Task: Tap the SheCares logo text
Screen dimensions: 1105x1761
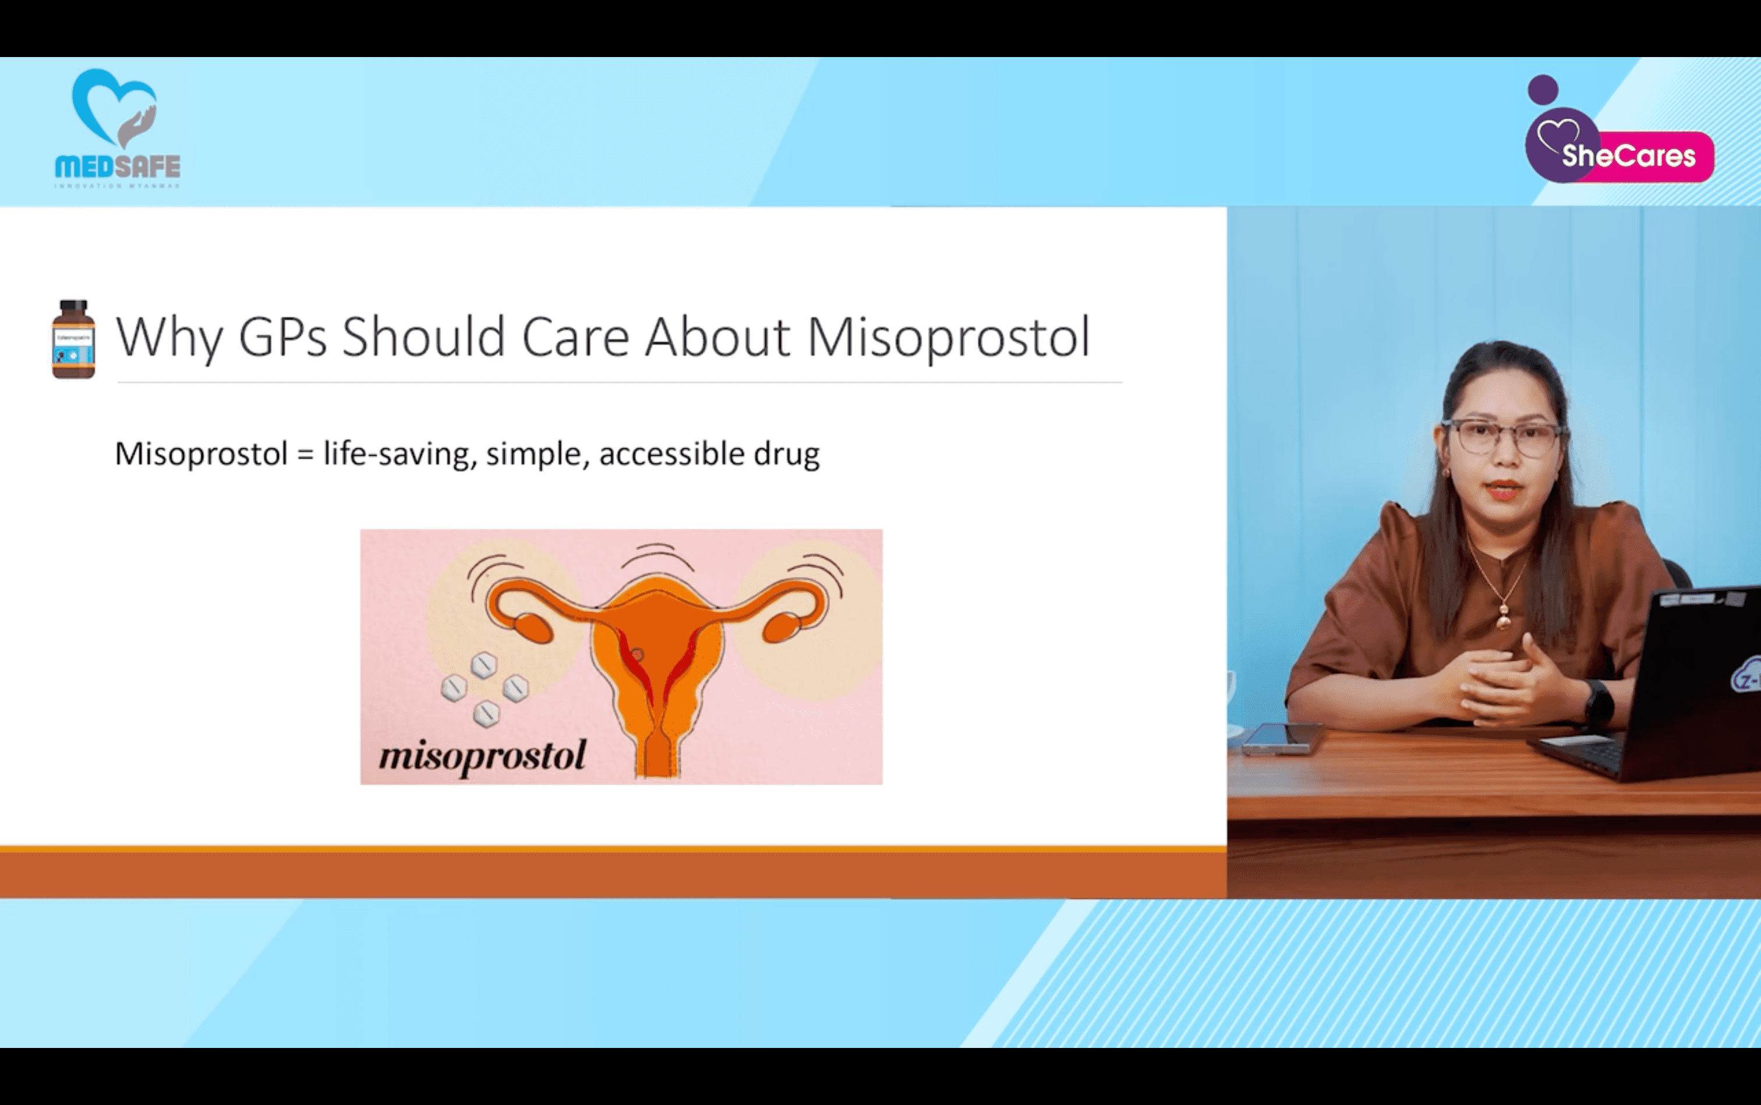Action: coord(1628,155)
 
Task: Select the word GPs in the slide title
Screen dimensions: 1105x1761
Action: coord(282,338)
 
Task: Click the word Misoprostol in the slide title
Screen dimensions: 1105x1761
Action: coord(948,338)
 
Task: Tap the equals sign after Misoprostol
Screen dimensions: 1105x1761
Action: coord(306,455)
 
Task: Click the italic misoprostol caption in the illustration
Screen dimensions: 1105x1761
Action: coord(482,756)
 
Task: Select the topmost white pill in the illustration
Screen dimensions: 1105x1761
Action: coord(483,665)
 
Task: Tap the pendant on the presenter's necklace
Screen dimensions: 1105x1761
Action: coord(1504,621)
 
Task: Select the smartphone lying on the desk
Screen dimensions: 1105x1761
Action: coord(1283,738)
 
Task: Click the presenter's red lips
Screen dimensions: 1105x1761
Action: coord(1504,490)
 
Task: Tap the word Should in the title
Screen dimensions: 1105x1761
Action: coord(423,338)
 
